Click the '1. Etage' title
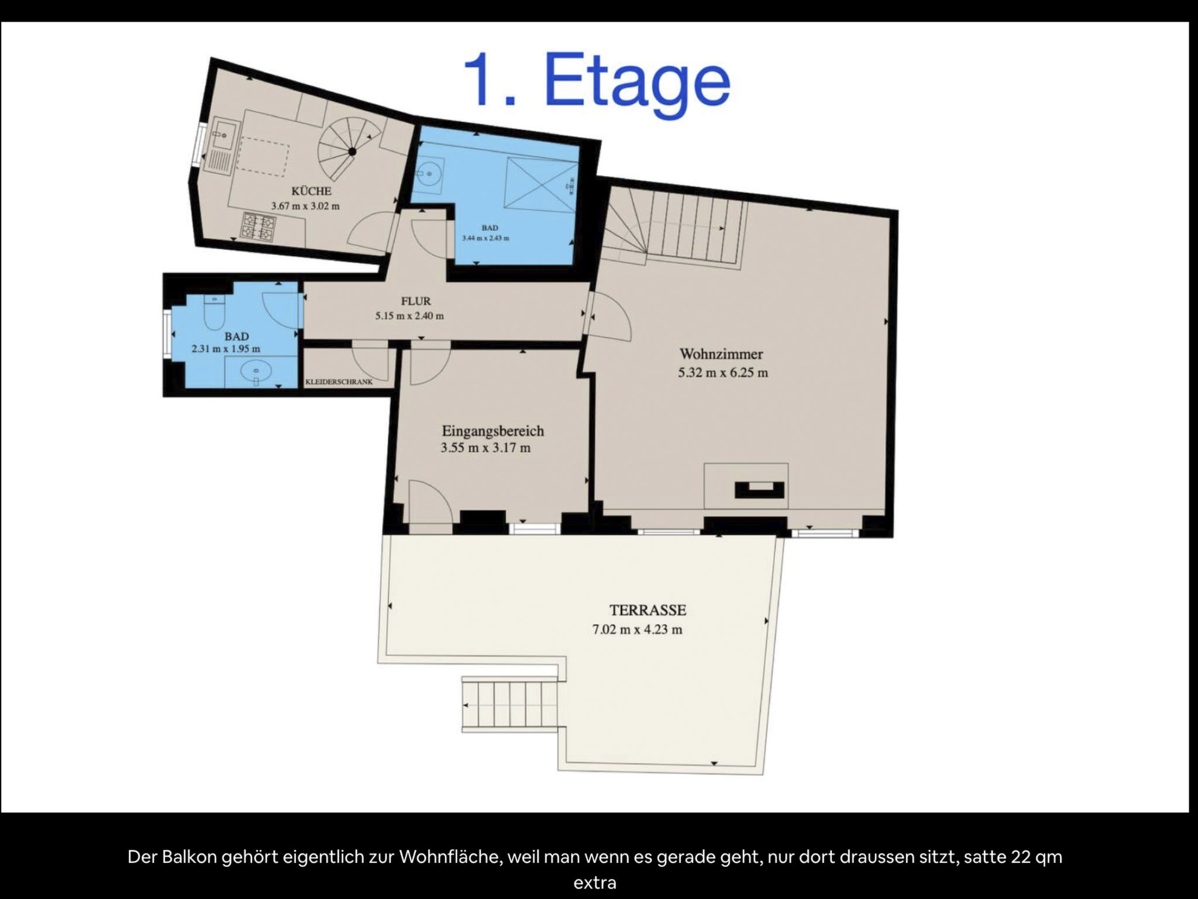pyautogui.click(x=597, y=80)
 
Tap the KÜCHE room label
pyautogui.click(x=311, y=191)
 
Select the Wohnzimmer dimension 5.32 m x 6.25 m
pyautogui.click(x=723, y=372)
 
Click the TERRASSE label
pyautogui.click(x=648, y=610)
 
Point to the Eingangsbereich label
pyautogui.click(x=493, y=431)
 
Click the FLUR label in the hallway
pyautogui.click(x=416, y=301)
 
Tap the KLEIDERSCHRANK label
pyautogui.click(x=339, y=382)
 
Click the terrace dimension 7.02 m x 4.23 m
pyautogui.click(x=637, y=630)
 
